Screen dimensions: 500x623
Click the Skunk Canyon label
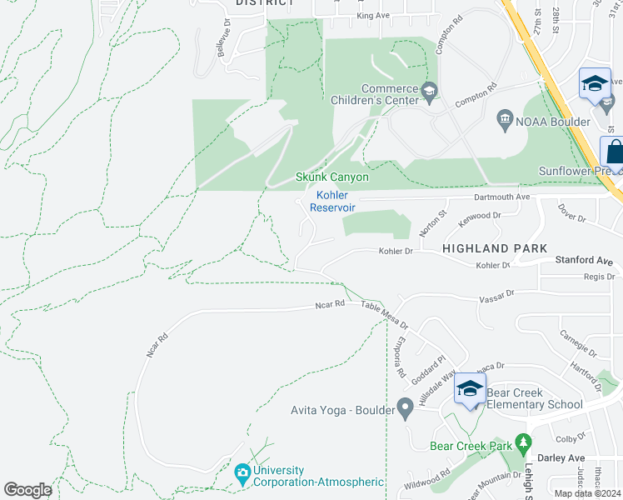[332, 177]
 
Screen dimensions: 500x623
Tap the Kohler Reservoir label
[333, 201]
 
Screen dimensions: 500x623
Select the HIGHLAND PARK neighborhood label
[495, 248]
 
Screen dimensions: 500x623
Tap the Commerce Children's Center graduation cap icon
[430, 90]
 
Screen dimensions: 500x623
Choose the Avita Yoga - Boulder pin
[406, 409]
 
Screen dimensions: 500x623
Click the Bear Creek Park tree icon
[523, 441]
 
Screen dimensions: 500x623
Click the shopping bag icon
[615, 153]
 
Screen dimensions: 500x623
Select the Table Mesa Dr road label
[385, 315]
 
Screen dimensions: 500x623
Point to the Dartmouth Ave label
[502, 197]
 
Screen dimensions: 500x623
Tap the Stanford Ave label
[584, 261]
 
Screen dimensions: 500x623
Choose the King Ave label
[372, 16]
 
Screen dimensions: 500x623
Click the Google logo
[27, 490]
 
